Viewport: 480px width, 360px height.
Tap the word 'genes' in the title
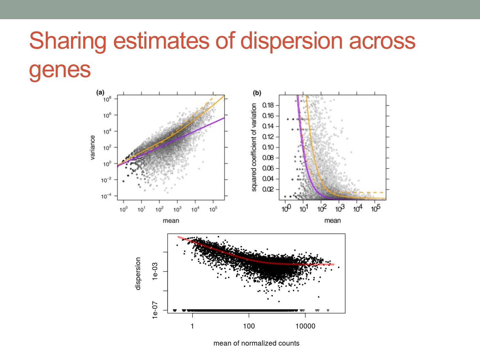60,69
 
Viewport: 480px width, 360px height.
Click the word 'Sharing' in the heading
68,41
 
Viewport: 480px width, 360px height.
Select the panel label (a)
100,92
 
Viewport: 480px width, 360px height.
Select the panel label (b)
257,93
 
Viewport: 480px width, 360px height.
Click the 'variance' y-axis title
92,147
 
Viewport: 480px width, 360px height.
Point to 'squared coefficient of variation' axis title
254,147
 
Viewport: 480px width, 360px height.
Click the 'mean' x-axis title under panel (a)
171,220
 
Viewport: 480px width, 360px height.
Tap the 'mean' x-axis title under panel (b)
332,220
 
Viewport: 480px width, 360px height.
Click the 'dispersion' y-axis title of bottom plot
138,273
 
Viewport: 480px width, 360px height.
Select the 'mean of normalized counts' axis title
256,343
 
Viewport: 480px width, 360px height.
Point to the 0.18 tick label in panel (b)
268,105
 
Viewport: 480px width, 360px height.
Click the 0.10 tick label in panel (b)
268,147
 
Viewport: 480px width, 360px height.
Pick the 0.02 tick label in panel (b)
268,189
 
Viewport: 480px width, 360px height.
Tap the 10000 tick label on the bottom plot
305,326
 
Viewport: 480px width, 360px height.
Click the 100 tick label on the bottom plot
249,326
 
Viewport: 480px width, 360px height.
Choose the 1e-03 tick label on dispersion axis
155,271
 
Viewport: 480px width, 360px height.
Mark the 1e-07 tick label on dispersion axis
155,310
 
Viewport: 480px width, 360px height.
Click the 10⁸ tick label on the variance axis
107,99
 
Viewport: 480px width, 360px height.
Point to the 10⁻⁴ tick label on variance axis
106,196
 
